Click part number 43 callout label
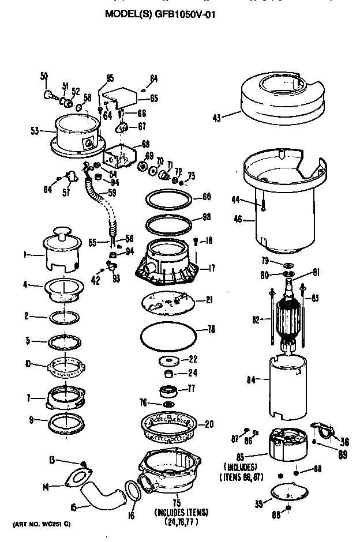216,118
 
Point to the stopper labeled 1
61,251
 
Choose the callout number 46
235,219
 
